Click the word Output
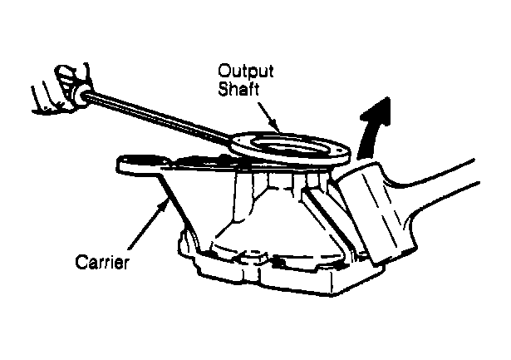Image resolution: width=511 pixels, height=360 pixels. [246, 72]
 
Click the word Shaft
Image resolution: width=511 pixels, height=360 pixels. [238, 88]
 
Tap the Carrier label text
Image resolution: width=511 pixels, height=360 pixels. [102, 262]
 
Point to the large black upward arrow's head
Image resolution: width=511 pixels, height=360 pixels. [376, 112]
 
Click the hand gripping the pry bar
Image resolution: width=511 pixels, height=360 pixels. [62, 90]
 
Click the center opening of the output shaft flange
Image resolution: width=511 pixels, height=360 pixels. [289, 146]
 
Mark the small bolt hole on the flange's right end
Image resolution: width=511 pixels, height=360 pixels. [341, 151]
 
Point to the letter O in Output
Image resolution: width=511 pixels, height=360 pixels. [224, 71]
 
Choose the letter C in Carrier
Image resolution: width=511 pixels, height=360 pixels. [81, 262]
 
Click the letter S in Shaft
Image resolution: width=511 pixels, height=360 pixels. [224, 89]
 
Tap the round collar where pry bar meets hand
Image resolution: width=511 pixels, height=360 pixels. [81, 96]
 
